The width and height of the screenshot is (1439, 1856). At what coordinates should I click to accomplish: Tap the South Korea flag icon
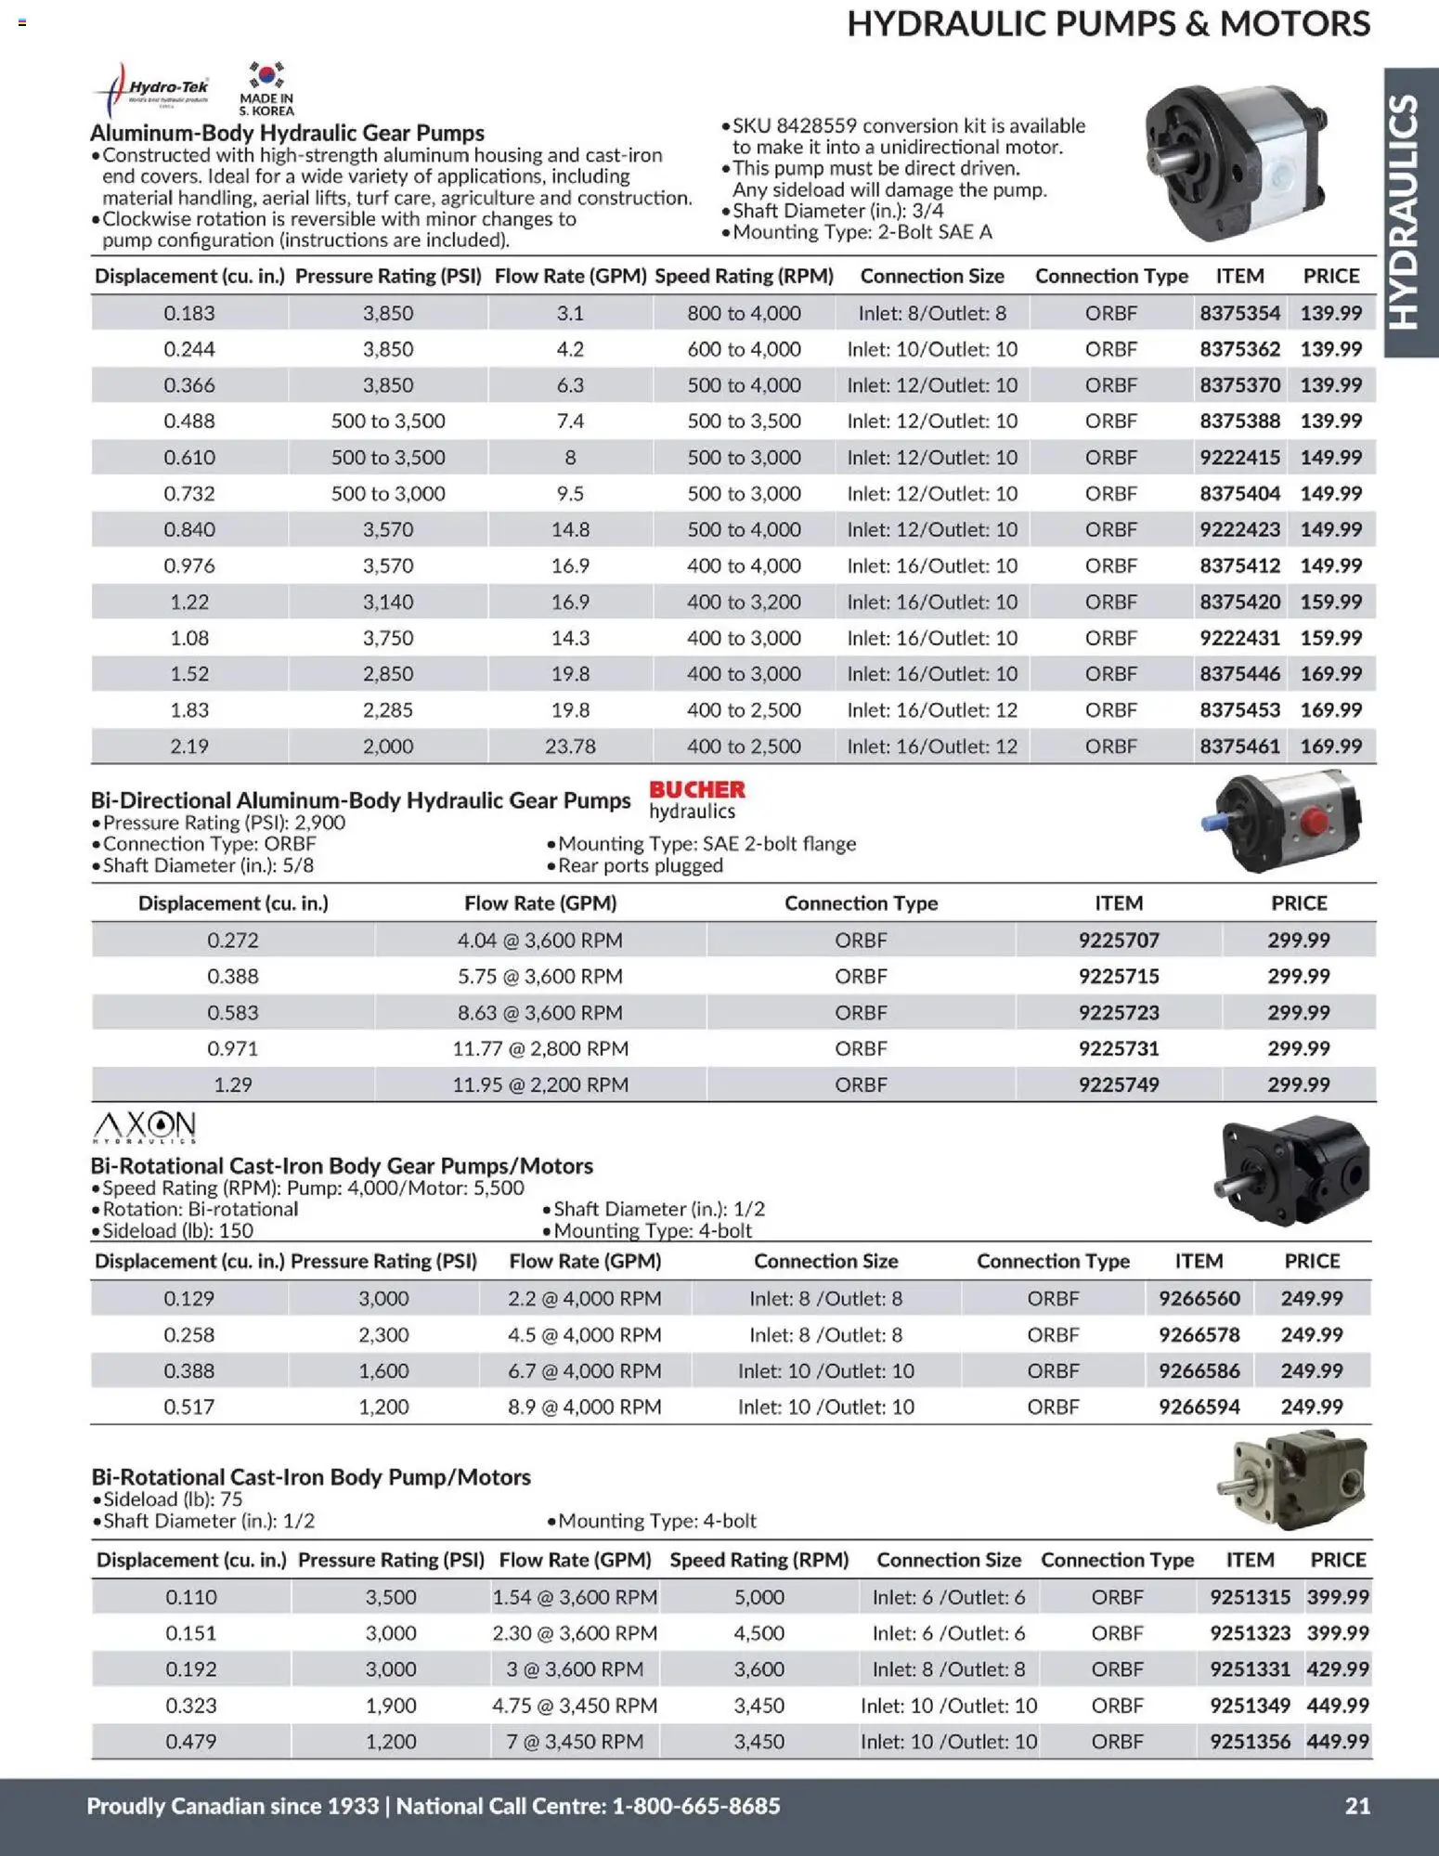pos(266,76)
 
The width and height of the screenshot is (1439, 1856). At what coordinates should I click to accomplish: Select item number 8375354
pos(1239,313)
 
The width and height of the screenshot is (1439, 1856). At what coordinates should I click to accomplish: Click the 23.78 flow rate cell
pos(569,746)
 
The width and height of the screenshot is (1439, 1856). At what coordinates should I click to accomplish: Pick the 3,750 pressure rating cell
pos(387,638)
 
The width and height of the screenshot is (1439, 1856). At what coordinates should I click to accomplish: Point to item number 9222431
pos(1239,638)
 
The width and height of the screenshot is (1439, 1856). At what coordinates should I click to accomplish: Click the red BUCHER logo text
pos(697,789)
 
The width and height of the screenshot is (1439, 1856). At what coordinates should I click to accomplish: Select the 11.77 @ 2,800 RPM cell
pos(539,1048)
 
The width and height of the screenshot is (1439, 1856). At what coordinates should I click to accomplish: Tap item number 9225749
pos(1118,1084)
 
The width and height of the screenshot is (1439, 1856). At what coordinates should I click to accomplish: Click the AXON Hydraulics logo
pos(145,1126)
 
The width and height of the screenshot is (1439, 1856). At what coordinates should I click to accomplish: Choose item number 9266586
pos(1199,1370)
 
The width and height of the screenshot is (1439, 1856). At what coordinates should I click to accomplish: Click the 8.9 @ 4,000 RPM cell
pos(584,1407)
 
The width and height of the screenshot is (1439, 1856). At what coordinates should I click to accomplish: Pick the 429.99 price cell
pos(1337,1668)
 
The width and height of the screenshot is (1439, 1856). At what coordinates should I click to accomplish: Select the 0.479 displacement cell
pos(190,1741)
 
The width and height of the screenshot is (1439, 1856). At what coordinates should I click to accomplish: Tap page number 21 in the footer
pos(1357,1805)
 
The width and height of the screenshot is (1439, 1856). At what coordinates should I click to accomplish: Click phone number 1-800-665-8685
pos(696,1805)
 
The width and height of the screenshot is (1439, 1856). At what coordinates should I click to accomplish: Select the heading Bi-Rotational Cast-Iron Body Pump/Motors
pos(310,1476)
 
